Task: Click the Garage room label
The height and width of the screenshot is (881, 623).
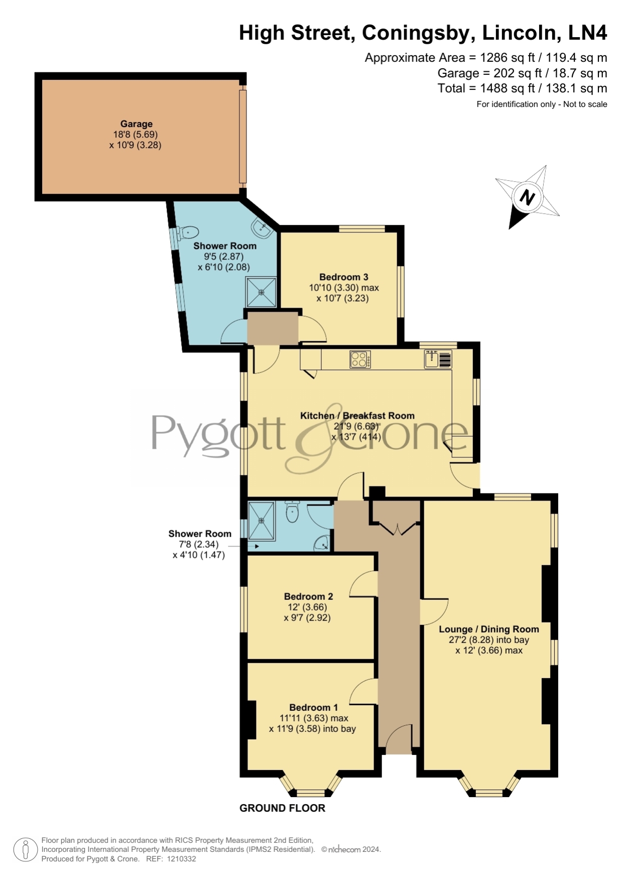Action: pyautogui.click(x=136, y=124)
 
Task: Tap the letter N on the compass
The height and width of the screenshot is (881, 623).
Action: pyautogui.click(x=527, y=197)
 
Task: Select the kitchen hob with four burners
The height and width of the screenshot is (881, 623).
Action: pyautogui.click(x=360, y=359)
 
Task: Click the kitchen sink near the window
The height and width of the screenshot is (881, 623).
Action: pyautogui.click(x=438, y=359)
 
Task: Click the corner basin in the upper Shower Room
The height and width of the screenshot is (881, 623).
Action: pyautogui.click(x=263, y=228)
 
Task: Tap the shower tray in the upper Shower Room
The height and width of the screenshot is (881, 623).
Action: pyautogui.click(x=261, y=292)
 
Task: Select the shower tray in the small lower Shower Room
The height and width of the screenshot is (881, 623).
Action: pyautogui.click(x=262, y=521)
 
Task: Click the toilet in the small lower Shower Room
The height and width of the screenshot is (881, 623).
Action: pyautogui.click(x=292, y=512)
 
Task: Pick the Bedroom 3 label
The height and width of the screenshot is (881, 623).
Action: pyautogui.click(x=344, y=277)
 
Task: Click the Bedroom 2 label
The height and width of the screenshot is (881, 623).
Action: pyautogui.click(x=309, y=596)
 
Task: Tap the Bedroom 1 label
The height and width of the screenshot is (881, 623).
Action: pyautogui.click(x=314, y=707)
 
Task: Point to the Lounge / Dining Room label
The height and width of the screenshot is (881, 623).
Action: pyautogui.click(x=489, y=629)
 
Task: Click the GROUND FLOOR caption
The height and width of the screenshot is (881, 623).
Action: pyautogui.click(x=282, y=808)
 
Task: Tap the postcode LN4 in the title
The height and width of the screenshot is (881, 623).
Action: pyautogui.click(x=587, y=33)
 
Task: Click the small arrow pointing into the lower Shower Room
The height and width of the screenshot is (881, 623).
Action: pyautogui.click(x=257, y=546)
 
